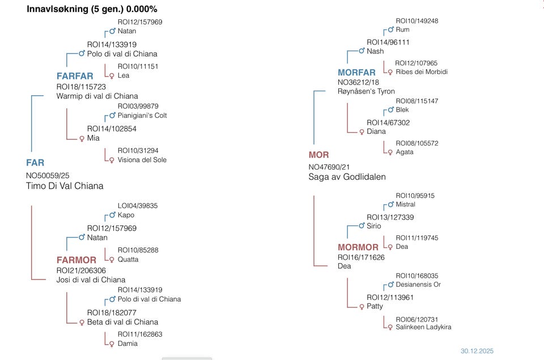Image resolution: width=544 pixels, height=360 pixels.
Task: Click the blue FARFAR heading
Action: tap(75, 76)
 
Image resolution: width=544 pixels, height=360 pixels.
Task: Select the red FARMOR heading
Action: tap(76, 260)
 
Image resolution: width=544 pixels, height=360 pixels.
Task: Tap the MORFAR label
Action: tap(356, 73)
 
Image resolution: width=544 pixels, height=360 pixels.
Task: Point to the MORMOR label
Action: tap(358, 247)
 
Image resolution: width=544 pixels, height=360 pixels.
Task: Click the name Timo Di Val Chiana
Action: tap(65, 186)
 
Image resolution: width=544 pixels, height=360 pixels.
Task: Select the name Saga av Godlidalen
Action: tap(347, 177)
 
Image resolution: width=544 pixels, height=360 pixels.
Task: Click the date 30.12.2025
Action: tap(477, 351)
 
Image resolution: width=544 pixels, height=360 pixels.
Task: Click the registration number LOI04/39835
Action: tap(138, 206)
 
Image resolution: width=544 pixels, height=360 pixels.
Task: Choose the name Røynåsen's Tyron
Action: tap(366, 91)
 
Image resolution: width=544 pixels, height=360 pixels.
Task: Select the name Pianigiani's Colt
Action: tap(142, 116)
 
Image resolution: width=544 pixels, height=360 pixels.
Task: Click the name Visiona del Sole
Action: tap(142, 160)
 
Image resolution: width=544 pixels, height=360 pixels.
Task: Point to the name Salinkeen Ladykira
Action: tap(423, 327)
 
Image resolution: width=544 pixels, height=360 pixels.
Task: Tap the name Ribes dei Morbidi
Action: tap(422, 72)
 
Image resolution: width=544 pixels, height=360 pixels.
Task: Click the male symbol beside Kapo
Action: tap(112, 215)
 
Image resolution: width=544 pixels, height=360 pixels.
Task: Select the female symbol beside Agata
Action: tap(389, 153)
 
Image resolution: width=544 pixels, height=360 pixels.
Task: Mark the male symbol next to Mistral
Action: tap(390, 205)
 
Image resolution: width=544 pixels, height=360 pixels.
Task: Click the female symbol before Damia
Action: tap(112, 344)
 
